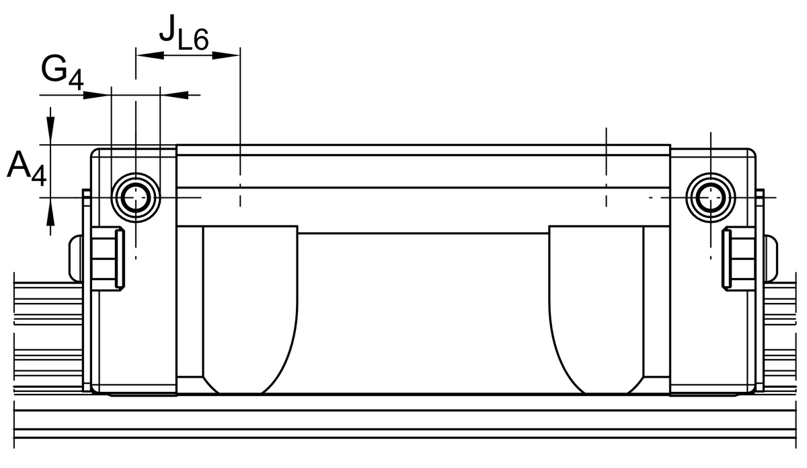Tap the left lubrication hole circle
tap(137, 197)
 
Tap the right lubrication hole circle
tap(709, 197)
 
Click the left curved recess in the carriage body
tap(249, 310)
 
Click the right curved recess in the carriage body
tap(596, 310)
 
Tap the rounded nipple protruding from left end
tap(75, 257)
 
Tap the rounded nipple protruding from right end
tap(771, 257)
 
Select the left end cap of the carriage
tap(134, 323)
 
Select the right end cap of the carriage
tap(713, 323)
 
